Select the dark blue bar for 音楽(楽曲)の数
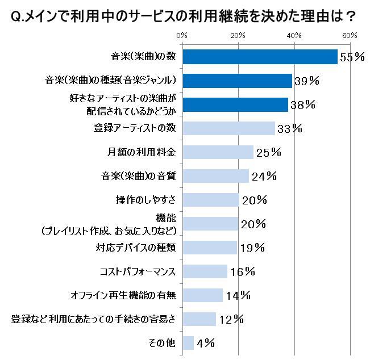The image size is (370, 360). [x=260, y=56]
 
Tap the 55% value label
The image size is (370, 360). [x=352, y=57]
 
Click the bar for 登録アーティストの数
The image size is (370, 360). [x=228, y=128]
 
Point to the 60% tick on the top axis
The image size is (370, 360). [x=350, y=36]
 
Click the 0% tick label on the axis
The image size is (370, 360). [x=182, y=36]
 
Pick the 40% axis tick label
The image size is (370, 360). [x=294, y=36]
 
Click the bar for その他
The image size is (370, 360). [x=188, y=342]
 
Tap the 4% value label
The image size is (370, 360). [x=206, y=342]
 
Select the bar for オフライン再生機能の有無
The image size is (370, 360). [x=202, y=295]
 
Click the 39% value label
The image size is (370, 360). [x=306, y=81]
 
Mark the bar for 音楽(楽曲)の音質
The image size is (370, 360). [x=215, y=176]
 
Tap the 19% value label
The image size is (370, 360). [x=251, y=248]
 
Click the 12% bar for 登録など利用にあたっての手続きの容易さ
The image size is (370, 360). [x=199, y=319]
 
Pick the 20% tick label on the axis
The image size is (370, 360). [x=238, y=36]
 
